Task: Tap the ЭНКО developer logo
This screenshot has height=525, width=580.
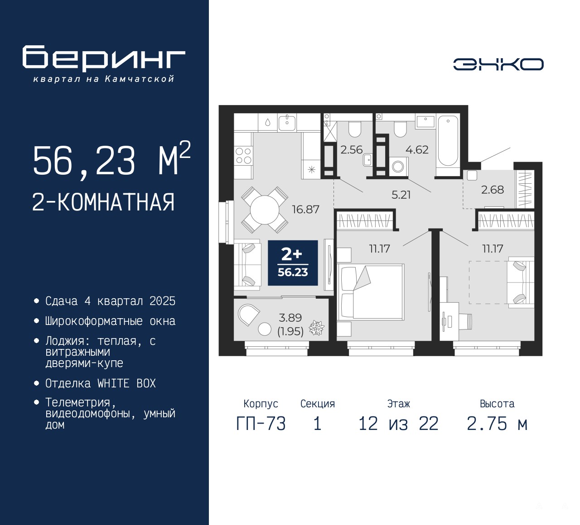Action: click(x=498, y=64)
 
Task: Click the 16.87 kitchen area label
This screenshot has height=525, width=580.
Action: click(x=305, y=210)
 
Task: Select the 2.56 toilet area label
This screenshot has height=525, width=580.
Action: click(x=351, y=150)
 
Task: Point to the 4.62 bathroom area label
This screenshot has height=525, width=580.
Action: click(x=417, y=150)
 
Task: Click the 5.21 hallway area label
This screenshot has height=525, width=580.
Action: click(x=401, y=195)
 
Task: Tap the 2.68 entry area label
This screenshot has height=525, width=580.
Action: click(x=493, y=190)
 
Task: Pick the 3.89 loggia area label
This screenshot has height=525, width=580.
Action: click(x=290, y=318)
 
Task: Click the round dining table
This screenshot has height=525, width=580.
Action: click(x=265, y=210)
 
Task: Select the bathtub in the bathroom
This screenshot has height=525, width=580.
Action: click(x=448, y=144)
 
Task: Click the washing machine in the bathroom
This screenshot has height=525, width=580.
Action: click(x=398, y=167)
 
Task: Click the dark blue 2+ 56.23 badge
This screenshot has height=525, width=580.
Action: click(x=293, y=263)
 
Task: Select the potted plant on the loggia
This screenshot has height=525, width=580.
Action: click(x=317, y=328)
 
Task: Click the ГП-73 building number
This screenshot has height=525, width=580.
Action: click(x=261, y=424)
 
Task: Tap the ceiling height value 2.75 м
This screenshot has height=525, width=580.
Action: click(x=498, y=424)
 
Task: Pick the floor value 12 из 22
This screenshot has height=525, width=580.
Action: click(x=398, y=424)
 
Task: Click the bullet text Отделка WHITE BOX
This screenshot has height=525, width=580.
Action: click(x=100, y=383)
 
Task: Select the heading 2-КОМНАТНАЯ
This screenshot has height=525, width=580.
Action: click(x=103, y=202)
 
